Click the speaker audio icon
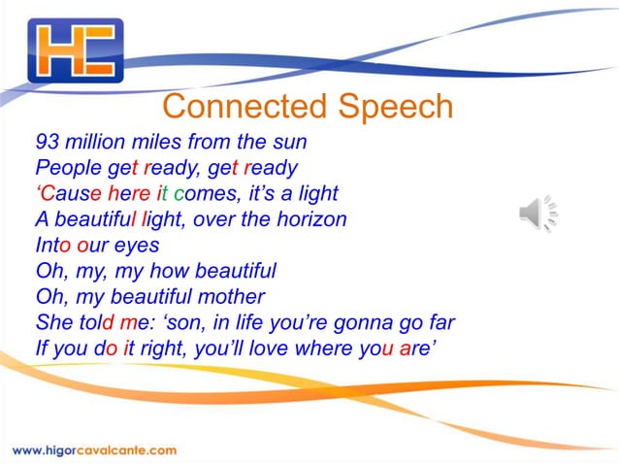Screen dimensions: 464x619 coord(538,213)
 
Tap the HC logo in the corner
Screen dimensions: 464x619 coord(76,50)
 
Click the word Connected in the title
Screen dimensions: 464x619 coord(245,106)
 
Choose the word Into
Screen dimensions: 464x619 coord(52,245)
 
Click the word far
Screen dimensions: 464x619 coord(439,322)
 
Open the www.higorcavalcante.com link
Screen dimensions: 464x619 coord(95,449)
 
